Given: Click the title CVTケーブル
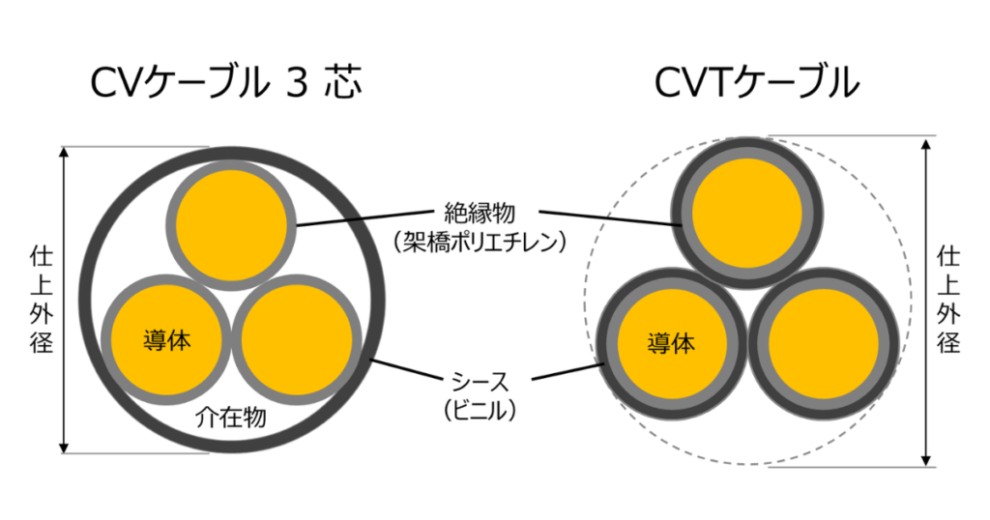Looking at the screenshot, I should pos(757,84).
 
